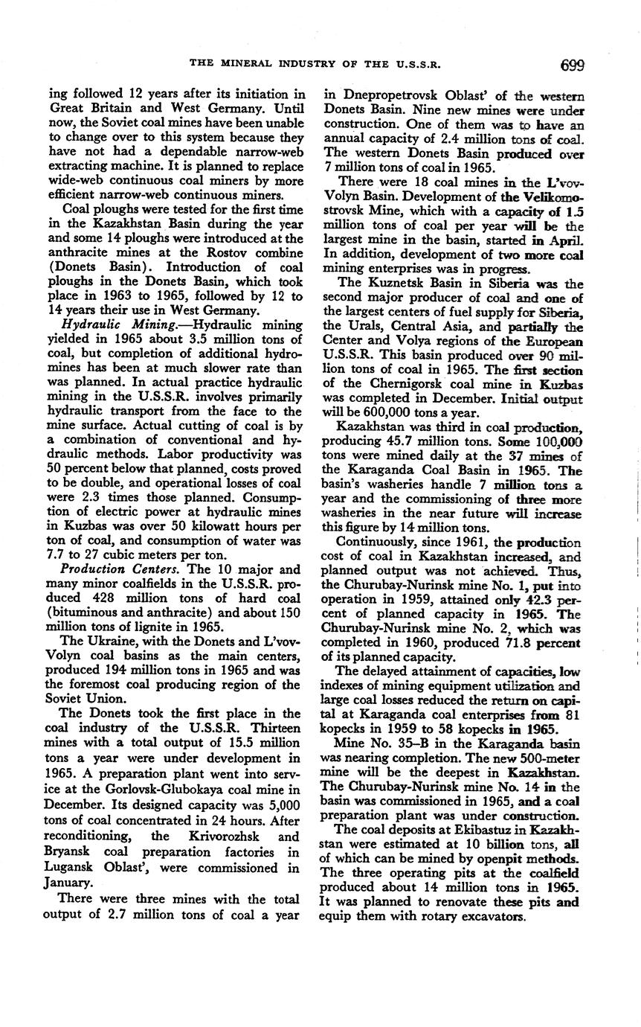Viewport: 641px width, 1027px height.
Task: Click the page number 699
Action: (x=573, y=65)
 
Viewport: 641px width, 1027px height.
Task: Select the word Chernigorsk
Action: (x=389, y=384)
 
